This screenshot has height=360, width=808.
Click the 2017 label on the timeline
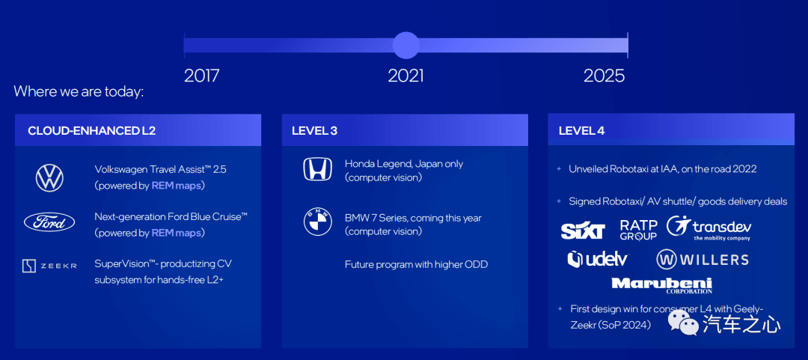pyautogui.click(x=201, y=76)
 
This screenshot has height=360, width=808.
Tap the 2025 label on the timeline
pyautogui.click(x=604, y=76)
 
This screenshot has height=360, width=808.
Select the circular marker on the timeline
pyautogui.click(x=406, y=46)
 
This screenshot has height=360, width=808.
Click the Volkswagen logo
pyautogui.click(x=49, y=178)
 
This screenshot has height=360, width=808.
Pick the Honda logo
pyautogui.click(x=317, y=169)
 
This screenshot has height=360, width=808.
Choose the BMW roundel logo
pyautogui.click(x=317, y=223)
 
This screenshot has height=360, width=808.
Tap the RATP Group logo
pyautogui.click(x=638, y=230)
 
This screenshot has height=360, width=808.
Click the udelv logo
pyautogui.click(x=599, y=259)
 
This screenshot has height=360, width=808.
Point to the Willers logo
pyautogui.click(x=702, y=260)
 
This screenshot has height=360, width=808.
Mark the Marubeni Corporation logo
pyautogui.click(x=661, y=285)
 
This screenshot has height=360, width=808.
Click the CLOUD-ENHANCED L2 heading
pyautogui.click(x=92, y=130)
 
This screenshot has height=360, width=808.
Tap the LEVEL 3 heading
pyautogui.click(x=314, y=130)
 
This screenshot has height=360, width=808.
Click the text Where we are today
pyautogui.click(x=79, y=92)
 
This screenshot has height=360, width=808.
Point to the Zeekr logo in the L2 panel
pyautogui.click(x=49, y=266)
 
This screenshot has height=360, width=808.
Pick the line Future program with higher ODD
pyautogui.click(x=417, y=265)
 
